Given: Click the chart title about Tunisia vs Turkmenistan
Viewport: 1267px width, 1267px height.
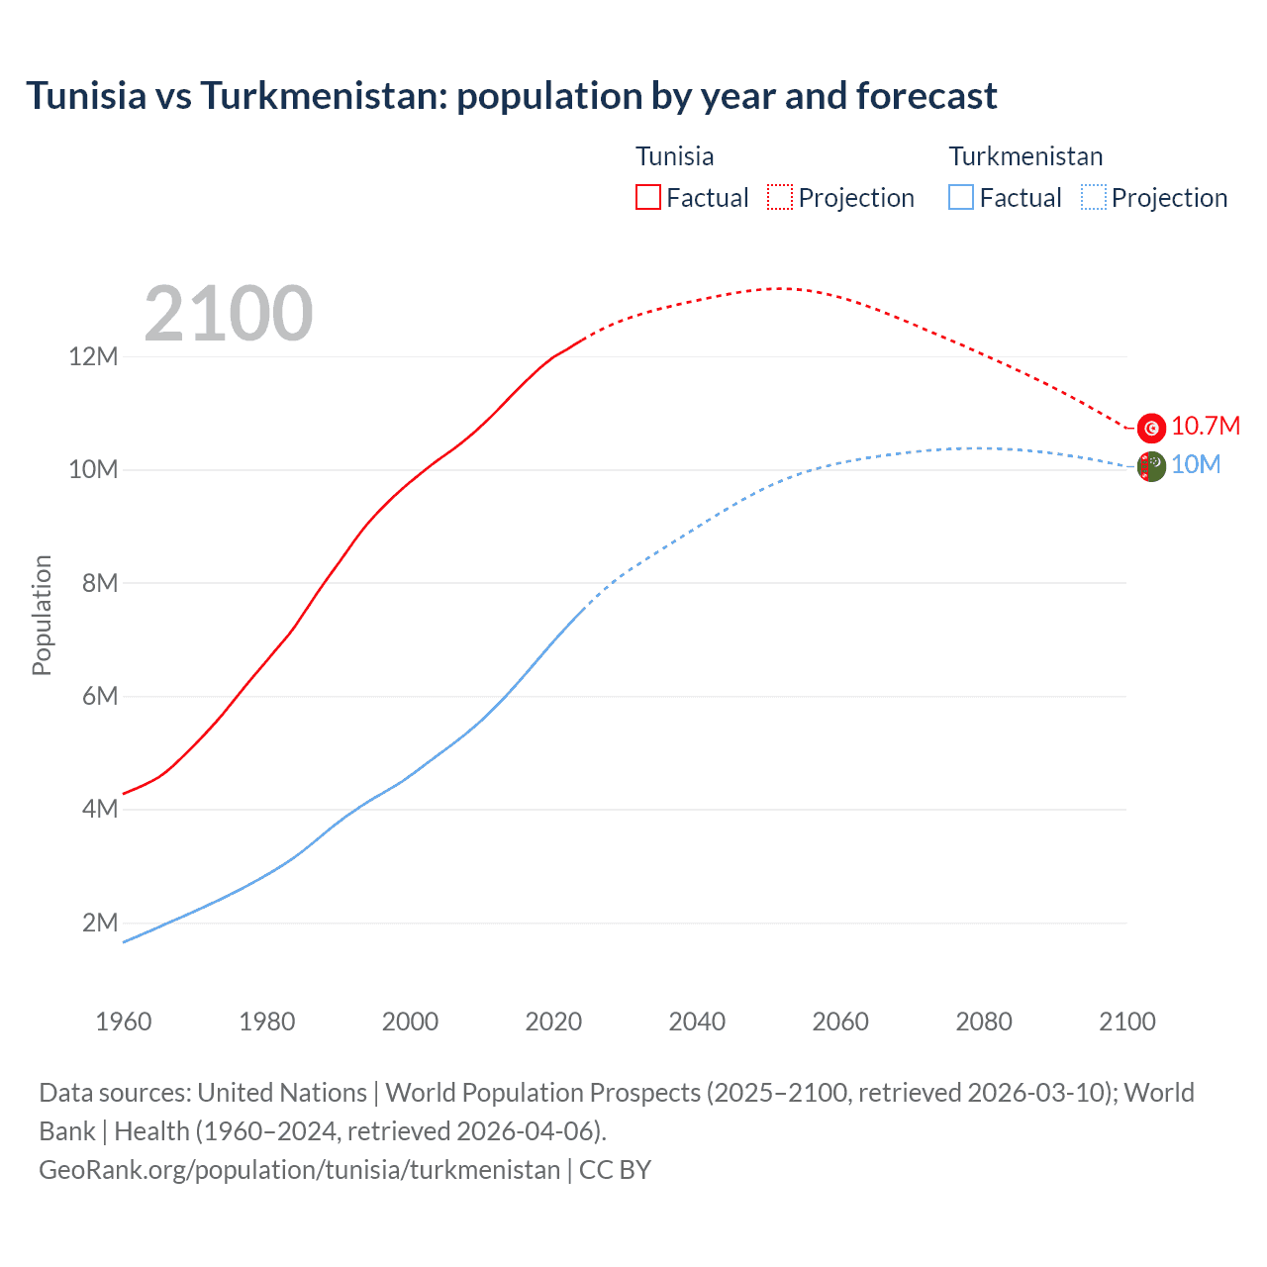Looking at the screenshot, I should coord(511,96).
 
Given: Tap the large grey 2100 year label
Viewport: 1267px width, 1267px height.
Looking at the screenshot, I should coord(229,314).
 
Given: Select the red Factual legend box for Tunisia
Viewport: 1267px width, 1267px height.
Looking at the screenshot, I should coord(647,197).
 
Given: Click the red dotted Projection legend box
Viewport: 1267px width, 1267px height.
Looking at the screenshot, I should coord(780,197).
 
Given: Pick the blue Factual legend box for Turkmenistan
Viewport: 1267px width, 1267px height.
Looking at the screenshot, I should coord(961,197).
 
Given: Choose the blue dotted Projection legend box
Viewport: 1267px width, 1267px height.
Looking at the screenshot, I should coord(1093,197).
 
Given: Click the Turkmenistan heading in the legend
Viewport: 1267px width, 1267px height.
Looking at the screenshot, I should coord(1025,156).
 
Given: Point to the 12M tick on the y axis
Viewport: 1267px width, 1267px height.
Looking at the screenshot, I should coord(93,356).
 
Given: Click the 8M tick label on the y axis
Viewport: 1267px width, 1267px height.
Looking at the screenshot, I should coord(100,583).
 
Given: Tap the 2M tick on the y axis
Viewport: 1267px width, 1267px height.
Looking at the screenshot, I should coord(100,923).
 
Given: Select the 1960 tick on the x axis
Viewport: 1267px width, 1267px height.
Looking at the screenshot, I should coord(124,1022).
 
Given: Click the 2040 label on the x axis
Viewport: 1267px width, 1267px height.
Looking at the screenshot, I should coord(697,1022).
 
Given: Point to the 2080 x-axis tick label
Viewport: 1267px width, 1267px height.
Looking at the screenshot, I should coord(984,1022).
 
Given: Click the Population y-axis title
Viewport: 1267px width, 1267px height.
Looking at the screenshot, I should coord(42,615).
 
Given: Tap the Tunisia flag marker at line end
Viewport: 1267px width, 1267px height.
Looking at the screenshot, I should coord(1151,428).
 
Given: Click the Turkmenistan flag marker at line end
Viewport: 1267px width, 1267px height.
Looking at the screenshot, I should coord(1151,466).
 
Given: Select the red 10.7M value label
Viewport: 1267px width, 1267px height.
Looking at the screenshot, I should coord(1206,426).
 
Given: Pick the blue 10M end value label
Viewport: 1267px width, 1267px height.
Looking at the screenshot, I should coord(1196,464).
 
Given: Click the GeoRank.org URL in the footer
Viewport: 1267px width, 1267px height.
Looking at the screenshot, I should coord(299,1170).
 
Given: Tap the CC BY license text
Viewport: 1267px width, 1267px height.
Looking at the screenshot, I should coord(615,1170).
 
